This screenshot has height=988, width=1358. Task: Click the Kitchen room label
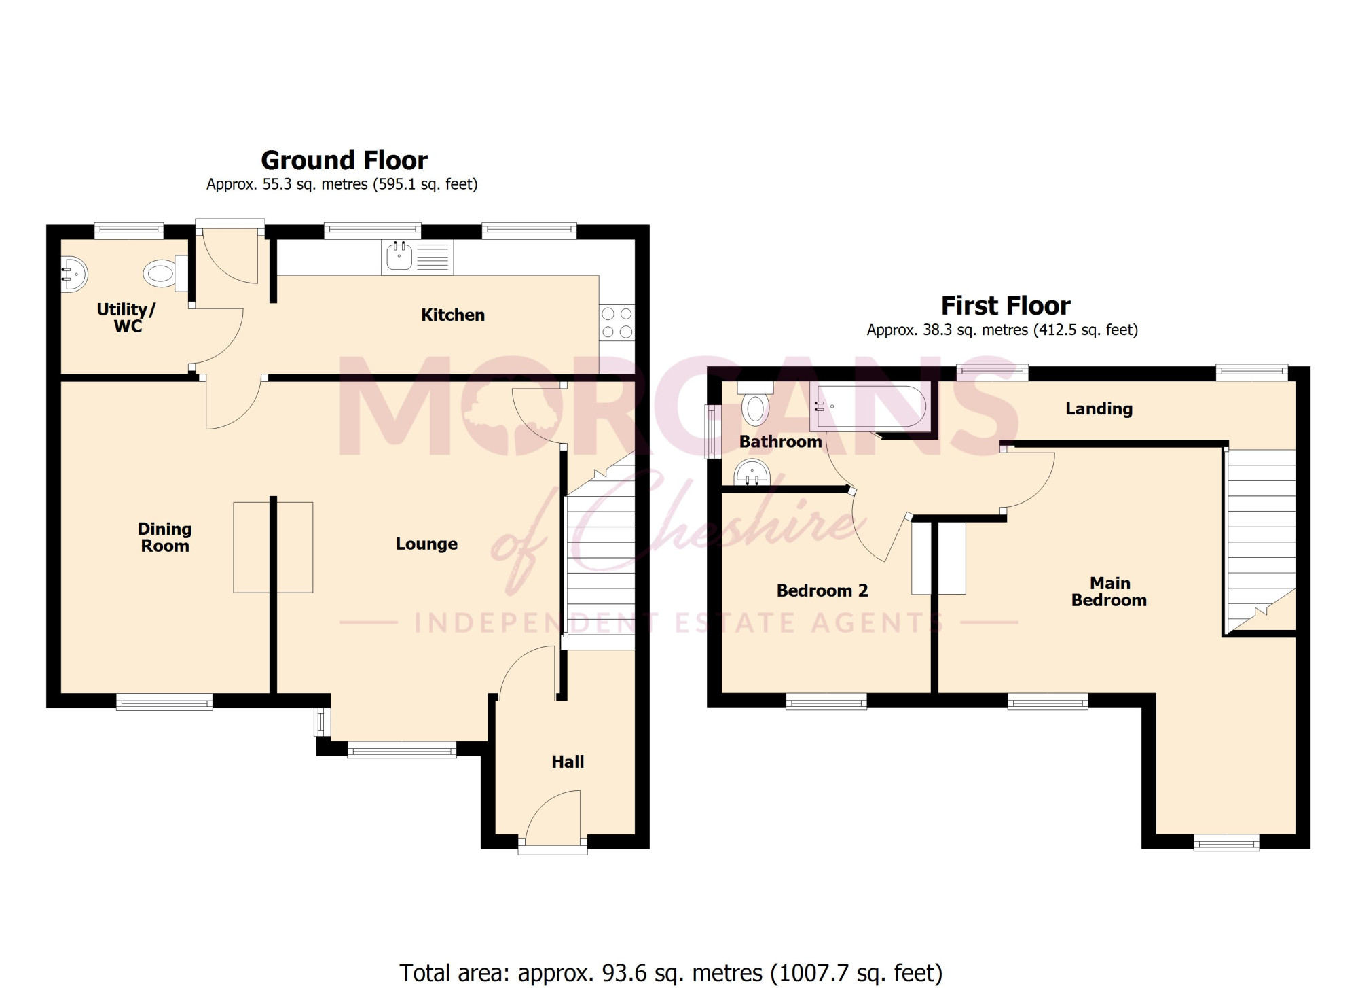coord(453,315)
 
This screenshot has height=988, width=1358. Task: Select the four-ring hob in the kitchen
coord(617,323)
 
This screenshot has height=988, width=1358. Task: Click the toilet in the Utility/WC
coord(166,273)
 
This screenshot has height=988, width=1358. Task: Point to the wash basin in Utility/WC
coord(74,275)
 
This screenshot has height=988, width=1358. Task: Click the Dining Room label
coord(165,537)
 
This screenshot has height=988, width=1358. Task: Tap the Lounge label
coord(426,544)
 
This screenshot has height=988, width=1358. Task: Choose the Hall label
coord(568,762)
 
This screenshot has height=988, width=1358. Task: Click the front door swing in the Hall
coord(553,815)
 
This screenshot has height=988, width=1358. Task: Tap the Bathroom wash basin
coord(753,472)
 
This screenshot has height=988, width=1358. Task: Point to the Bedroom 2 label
coord(822,590)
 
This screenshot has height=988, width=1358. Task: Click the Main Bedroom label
coord(1109,592)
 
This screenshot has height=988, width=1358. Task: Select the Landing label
coord(1099,408)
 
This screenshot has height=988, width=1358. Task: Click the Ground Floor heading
coord(344,161)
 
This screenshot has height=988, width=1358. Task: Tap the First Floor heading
coord(1006,306)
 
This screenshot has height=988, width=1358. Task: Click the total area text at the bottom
coord(671,973)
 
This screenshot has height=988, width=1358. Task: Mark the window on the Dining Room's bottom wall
coord(164,702)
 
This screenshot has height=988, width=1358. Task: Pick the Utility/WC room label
coord(127,318)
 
